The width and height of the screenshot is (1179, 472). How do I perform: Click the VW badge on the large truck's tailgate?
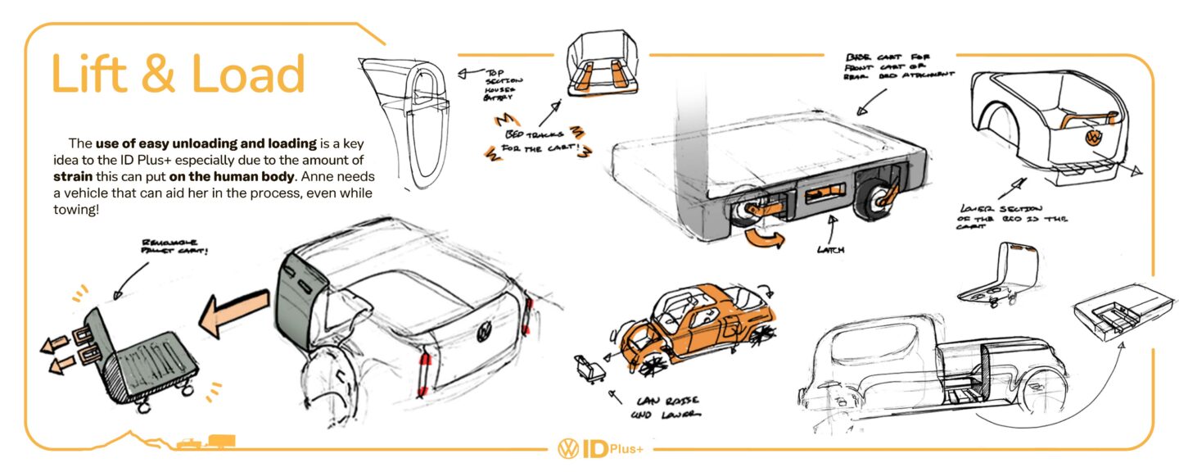point(485,332)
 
